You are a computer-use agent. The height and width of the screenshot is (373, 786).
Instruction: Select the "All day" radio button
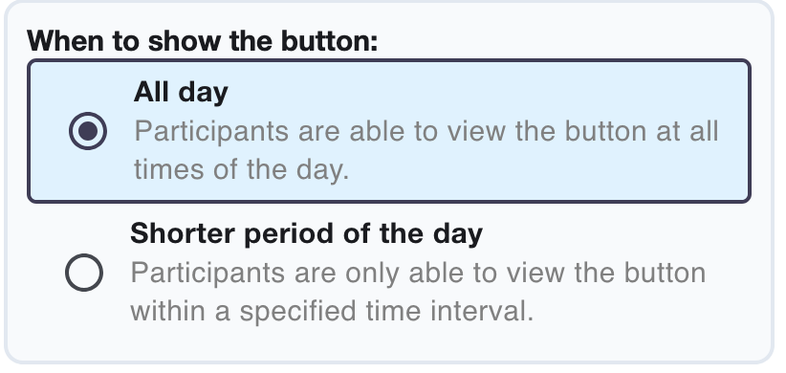pyautogui.click(x=88, y=132)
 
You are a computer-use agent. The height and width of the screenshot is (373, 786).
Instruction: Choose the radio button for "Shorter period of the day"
pyautogui.click(x=85, y=274)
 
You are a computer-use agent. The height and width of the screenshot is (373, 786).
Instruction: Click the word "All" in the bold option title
pyautogui.click(x=150, y=93)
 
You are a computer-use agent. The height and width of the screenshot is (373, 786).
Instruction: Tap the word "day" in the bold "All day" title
pyautogui.click(x=205, y=93)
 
